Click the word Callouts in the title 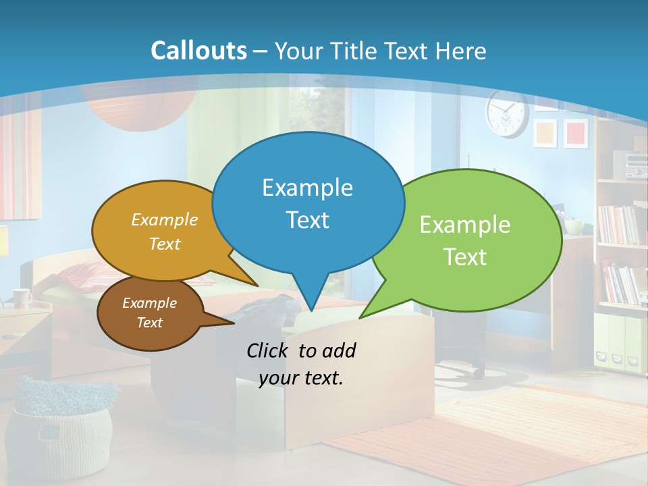coord(198,51)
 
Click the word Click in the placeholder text coord(269,350)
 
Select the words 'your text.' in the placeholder coord(301,378)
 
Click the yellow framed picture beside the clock coord(545,132)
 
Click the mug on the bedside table coord(22,297)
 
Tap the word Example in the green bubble coord(465,225)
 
